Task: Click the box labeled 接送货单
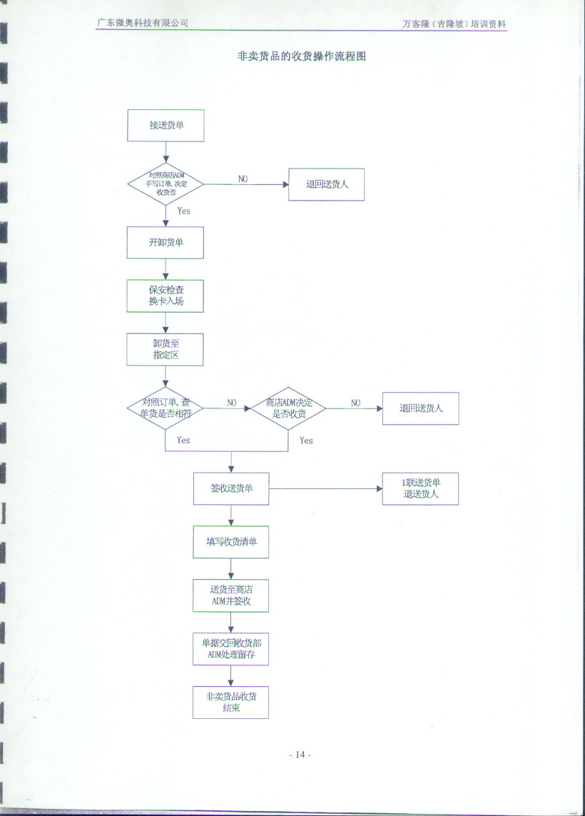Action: point(166,125)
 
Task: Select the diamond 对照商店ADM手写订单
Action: point(166,184)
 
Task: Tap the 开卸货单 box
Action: point(166,243)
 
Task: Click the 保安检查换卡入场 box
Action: point(166,296)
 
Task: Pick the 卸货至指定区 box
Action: point(166,350)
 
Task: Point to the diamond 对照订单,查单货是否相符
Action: point(166,408)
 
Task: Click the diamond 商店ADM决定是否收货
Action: point(288,408)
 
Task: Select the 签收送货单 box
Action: point(231,488)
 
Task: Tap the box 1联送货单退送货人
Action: point(420,488)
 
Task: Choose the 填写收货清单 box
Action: point(231,542)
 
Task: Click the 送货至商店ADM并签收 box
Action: point(231,595)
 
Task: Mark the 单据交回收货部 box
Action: point(231,649)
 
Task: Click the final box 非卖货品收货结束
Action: point(231,702)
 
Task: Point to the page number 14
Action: point(300,755)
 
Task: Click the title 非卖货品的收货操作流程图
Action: point(301,56)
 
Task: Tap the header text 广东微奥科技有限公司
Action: point(143,23)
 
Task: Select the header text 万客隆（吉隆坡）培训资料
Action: point(454,24)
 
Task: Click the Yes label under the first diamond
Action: point(183,211)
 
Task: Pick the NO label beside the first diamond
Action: point(243,178)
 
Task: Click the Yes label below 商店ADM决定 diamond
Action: point(306,440)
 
